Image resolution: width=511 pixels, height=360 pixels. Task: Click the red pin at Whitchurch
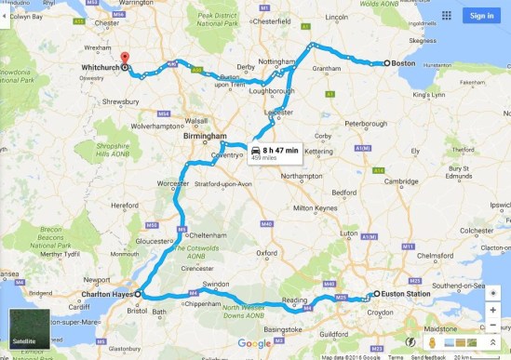[x=125, y=56]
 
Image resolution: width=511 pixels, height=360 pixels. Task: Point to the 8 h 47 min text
[x=280, y=150]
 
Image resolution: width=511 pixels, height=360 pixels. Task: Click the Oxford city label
[x=268, y=252]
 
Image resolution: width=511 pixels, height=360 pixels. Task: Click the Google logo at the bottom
[x=254, y=344]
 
